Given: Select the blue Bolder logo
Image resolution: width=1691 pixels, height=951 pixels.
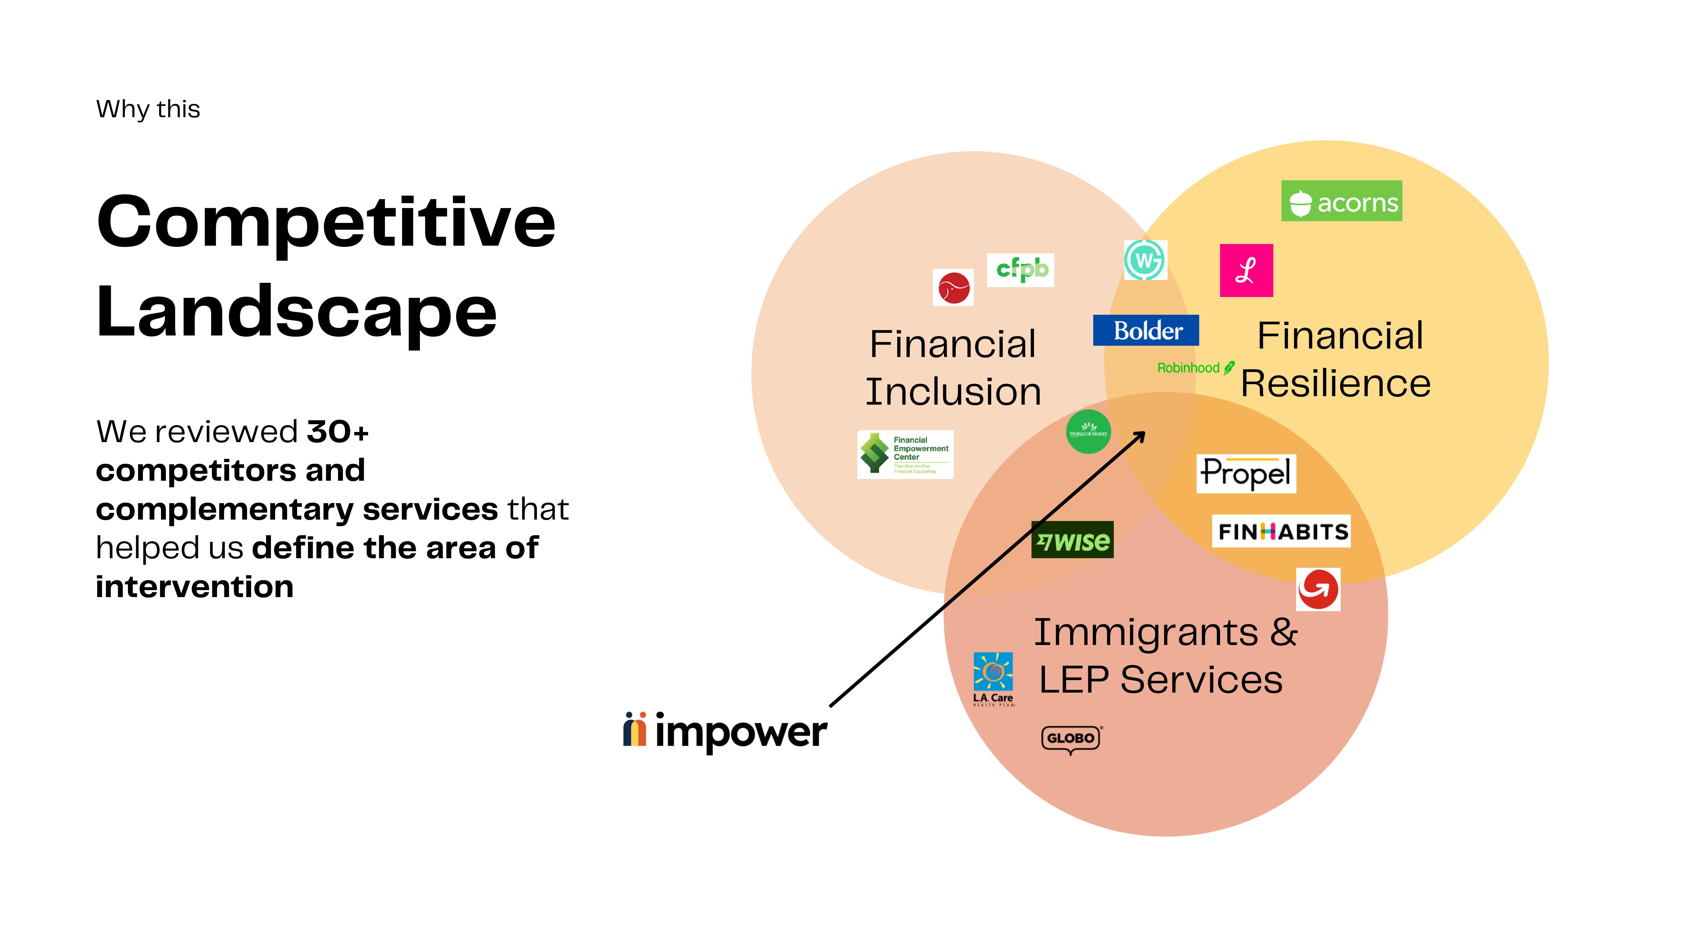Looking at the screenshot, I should (1145, 330).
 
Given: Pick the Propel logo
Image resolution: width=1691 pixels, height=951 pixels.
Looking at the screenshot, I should (1246, 473).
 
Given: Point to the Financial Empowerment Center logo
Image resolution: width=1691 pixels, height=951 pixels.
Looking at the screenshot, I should (905, 454).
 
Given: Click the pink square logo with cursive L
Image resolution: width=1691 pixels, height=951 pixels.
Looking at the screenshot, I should (1246, 271).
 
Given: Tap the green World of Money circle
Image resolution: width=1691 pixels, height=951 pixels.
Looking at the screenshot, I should (1088, 432).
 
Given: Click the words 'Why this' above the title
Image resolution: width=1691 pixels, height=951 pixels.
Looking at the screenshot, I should (148, 109).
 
